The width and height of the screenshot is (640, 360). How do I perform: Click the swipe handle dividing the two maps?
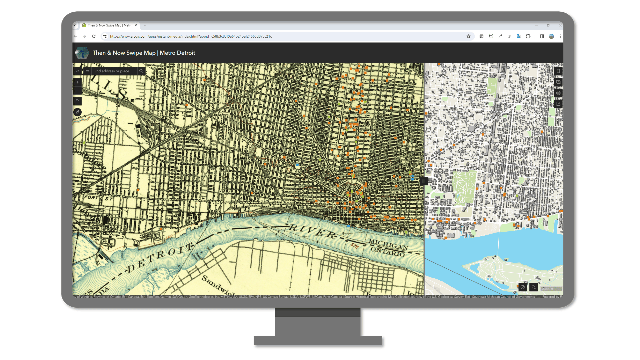[x=424, y=181]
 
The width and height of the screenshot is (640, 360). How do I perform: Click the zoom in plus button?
[x=77, y=82]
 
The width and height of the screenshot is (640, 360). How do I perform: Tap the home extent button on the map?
[x=77, y=101]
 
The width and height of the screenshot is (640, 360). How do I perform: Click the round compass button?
[x=77, y=112]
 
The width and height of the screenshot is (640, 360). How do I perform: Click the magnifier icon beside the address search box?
[x=141, y=71]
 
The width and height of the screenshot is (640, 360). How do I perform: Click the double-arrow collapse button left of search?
[x=77, y=71]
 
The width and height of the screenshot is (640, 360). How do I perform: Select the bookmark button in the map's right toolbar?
[x=558, y=71]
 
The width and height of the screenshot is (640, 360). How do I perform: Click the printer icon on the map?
[x=558, y=93]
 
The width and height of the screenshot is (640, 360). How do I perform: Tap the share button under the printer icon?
[x=558, y=104]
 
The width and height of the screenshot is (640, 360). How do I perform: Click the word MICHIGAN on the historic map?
[x=388, y=244]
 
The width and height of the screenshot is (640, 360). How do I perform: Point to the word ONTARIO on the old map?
[x=388, y=252]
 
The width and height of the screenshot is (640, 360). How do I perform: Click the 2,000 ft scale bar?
[x=551, y=289]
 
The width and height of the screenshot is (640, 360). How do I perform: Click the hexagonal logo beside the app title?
[x=82, y=53]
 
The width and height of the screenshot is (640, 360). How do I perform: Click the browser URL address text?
[x=191, y=36]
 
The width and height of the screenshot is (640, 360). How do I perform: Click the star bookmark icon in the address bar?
[x=468, y=36]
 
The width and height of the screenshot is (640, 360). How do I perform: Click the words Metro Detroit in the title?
[x=177, y=53]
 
